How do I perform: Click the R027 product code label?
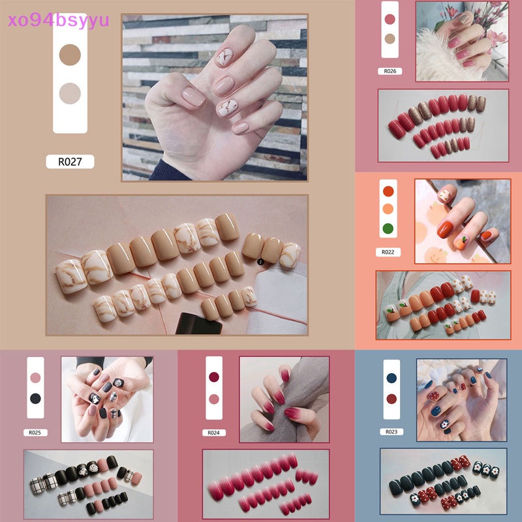(70, 162)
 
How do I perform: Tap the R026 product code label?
(390, 71)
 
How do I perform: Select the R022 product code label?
(388, 252)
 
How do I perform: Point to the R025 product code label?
(35, 432)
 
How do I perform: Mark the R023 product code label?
(391, 431)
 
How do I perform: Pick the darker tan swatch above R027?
(70, 54)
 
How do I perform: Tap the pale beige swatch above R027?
(70, 93)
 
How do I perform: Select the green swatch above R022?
(388, 228)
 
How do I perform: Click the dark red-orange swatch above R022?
(388, 192)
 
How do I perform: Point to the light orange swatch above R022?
(388, 210)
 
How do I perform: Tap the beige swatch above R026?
(390, 38)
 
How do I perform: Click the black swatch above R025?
(35, 398)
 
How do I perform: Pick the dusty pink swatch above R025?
(35, 378)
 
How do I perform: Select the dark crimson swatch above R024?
(213, 378)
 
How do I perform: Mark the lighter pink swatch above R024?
(213, 399)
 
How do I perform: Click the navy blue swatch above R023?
(391, 378)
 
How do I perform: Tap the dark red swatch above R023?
(391, 398)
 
